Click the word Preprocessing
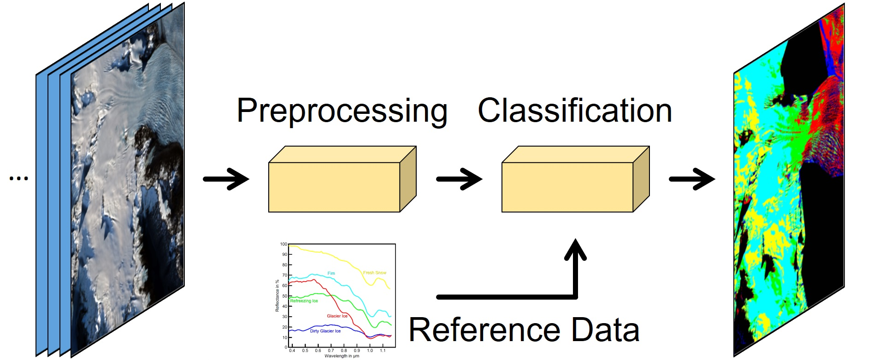342,111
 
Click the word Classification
574,111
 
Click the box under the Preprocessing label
334,187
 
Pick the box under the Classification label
567,187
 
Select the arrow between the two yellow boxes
459,179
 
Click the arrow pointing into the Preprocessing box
226,179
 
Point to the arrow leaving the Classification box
691,179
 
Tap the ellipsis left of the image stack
19,178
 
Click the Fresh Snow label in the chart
374,273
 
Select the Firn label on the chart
331,273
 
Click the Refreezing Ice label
304,301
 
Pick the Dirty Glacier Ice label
325,331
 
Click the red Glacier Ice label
337,316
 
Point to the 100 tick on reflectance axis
283,244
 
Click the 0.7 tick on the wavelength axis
330,351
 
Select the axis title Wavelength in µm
342,356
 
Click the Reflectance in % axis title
277,296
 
